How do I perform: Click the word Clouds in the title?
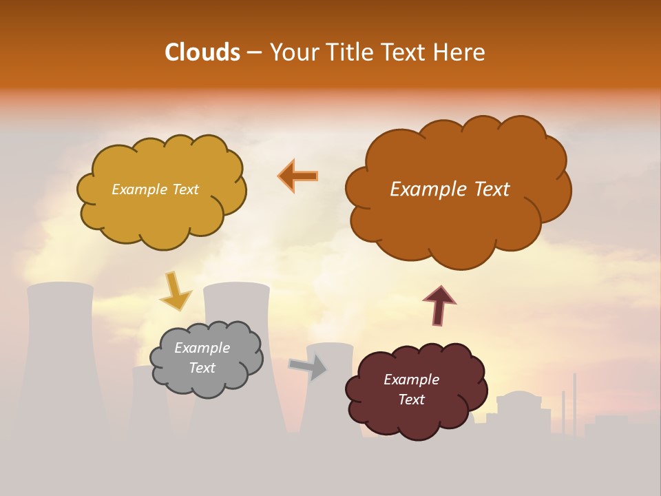202,52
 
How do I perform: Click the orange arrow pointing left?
298,176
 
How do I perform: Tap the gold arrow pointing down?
176,290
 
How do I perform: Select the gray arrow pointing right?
308,367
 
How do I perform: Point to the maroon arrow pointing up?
439,305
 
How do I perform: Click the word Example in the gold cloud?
138,189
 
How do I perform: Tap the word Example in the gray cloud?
202,348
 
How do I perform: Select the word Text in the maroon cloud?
411,400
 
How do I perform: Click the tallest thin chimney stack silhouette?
574,403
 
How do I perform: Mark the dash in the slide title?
254,53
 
